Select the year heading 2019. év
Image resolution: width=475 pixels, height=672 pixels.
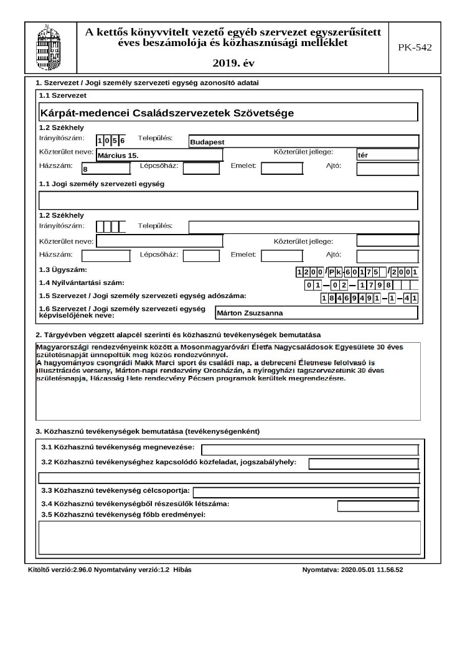(x=233, y=63)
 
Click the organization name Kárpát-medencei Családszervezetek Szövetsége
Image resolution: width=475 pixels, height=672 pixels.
(x=167, y=113)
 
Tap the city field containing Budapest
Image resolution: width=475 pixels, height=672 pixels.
(x=303, y=142)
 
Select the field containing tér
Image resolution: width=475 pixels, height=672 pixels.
(x=387, y=155)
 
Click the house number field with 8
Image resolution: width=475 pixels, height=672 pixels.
(x=106, y=169)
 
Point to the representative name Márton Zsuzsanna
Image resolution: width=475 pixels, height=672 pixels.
(x=316, y=313)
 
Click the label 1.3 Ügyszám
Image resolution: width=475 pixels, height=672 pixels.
(x=63, y=270)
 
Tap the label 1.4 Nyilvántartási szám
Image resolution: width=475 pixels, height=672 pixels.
(x=82, y=283)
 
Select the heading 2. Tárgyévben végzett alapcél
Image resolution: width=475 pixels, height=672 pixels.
(x=178, y=335)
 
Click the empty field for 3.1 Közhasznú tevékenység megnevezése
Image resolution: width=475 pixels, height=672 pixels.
(x=310, y=450)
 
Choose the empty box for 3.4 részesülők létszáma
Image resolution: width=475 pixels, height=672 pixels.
(x=378, y=506)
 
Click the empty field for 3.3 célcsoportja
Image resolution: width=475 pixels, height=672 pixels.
(x=305, y=492)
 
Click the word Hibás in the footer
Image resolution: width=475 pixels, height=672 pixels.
(x=182, y=570)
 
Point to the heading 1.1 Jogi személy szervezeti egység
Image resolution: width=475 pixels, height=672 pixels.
(x=101, y=184)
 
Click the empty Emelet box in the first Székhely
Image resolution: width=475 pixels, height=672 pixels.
(x=281, y=169)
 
